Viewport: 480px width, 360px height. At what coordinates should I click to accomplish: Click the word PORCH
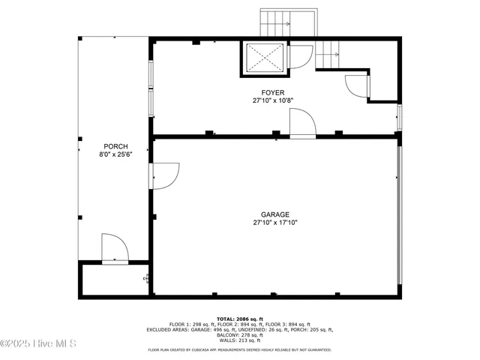[x=115, y=146]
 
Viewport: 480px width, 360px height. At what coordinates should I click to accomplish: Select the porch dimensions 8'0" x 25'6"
[x=115, y=154]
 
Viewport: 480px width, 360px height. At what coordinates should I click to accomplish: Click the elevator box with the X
[x=263, y=58]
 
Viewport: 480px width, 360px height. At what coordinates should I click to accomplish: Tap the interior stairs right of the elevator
[x=328, y=53]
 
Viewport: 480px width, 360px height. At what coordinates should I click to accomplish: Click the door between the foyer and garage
[x=302, y=123]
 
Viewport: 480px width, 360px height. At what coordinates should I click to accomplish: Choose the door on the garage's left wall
[x=164, y=175]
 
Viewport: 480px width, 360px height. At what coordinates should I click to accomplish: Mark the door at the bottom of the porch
[x=114, y=248]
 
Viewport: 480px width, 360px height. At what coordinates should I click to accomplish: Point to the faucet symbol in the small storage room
[x=145, y=279]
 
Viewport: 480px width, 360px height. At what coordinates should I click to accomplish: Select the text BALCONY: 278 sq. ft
[x=239, y=334]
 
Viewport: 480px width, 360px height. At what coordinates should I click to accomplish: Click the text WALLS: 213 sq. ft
[x=239, y=340]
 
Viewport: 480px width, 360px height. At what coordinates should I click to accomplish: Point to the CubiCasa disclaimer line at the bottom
[x=239, y=349]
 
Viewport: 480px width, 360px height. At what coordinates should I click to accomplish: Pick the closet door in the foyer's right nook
[x=357, y=85]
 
